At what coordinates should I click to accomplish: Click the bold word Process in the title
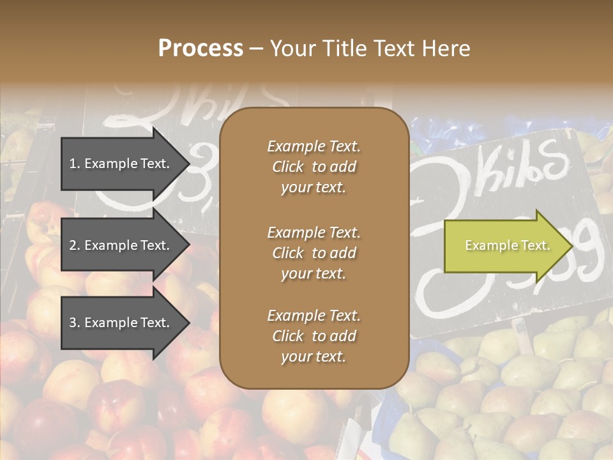pyautogui.click(x=201, y=49)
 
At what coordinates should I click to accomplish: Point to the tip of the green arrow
pyautogui.click(x=570, y=246)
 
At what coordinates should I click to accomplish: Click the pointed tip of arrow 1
pyautogui.click(x=187, y=164)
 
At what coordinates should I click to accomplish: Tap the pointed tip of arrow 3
pyautogui.click(x=187, y=323)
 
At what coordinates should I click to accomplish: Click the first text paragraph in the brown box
pyautogui.click(x=314, y=167)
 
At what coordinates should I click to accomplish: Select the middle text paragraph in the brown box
pyautogui.click(x=314, y=252)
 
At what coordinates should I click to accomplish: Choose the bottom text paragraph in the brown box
pyautogui.click(x=314, y=336)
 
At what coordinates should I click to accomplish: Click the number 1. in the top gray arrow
pyautogui.click(x=74, y=164)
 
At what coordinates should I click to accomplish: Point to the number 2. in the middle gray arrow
pyautogui.click(x=74, y=245)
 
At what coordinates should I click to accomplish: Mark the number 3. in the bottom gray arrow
pyautogui.click(x=74, y=323)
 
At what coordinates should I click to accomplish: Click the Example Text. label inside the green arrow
pyautogui.click(x=507, y=246)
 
